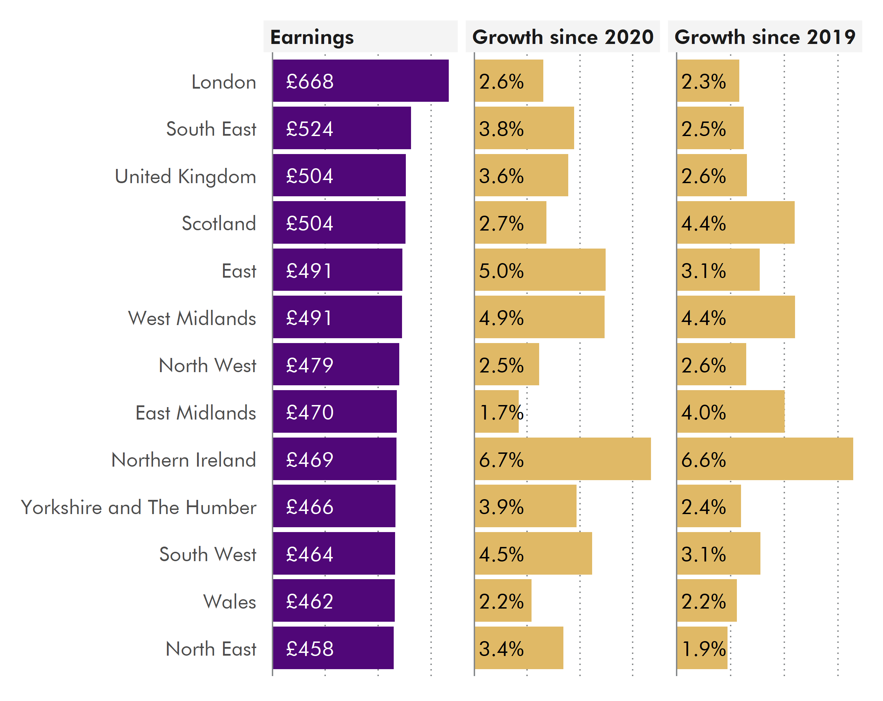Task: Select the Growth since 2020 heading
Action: (562, 37)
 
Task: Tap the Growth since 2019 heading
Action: (764, 37)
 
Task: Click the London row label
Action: (224, 82)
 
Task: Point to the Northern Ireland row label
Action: (184, 460)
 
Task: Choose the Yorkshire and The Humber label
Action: (139, 507)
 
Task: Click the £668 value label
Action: (310, 81)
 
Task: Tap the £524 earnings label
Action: (310, 129)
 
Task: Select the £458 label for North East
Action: (310, 649)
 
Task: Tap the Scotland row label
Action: (219, 224)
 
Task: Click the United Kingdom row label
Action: (185, 177)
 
